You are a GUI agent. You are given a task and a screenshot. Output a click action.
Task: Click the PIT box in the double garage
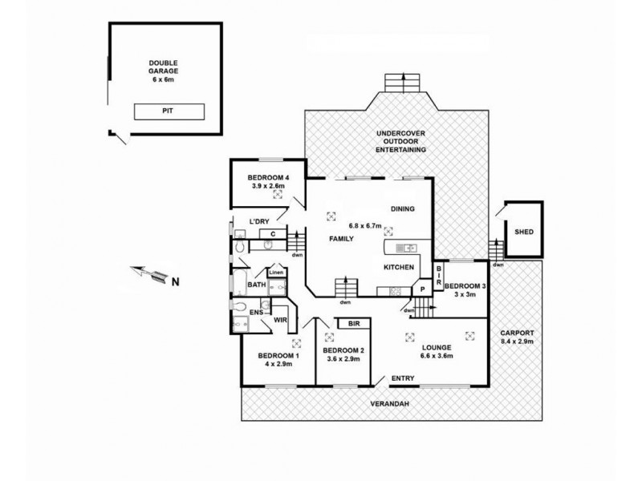169,111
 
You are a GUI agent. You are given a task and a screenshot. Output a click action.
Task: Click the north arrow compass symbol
152,277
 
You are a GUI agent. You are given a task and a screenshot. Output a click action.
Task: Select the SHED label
523,232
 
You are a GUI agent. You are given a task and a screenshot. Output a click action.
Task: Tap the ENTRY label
402,378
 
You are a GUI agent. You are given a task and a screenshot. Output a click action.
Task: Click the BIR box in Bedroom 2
353,324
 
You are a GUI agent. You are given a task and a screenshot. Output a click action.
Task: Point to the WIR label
280,320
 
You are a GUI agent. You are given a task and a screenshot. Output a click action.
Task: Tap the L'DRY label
258,220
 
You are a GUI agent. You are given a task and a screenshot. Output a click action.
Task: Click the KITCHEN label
398,267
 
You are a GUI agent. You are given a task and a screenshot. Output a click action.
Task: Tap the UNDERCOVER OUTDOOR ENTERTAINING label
402,140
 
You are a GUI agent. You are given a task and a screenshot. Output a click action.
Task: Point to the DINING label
403,209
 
